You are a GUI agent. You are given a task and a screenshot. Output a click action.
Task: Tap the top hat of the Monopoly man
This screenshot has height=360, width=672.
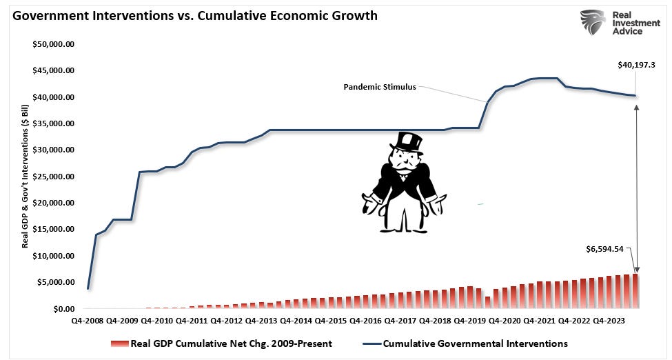click(x=407, y=141)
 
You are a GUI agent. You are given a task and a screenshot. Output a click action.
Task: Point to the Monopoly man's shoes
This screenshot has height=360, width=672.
click(x=399, y=226)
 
